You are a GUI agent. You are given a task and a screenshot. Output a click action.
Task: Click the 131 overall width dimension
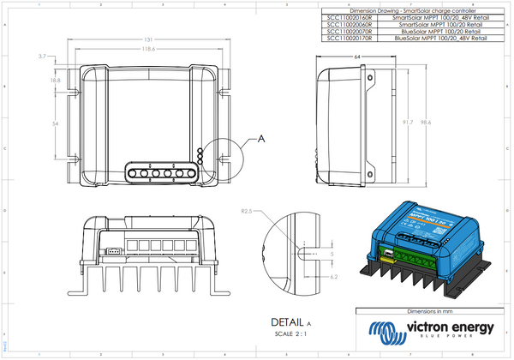pos(148,40)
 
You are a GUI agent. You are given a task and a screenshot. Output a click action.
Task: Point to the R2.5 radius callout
pos(248,210)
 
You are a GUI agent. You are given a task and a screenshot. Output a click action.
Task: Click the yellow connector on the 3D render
pos(386,253)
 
